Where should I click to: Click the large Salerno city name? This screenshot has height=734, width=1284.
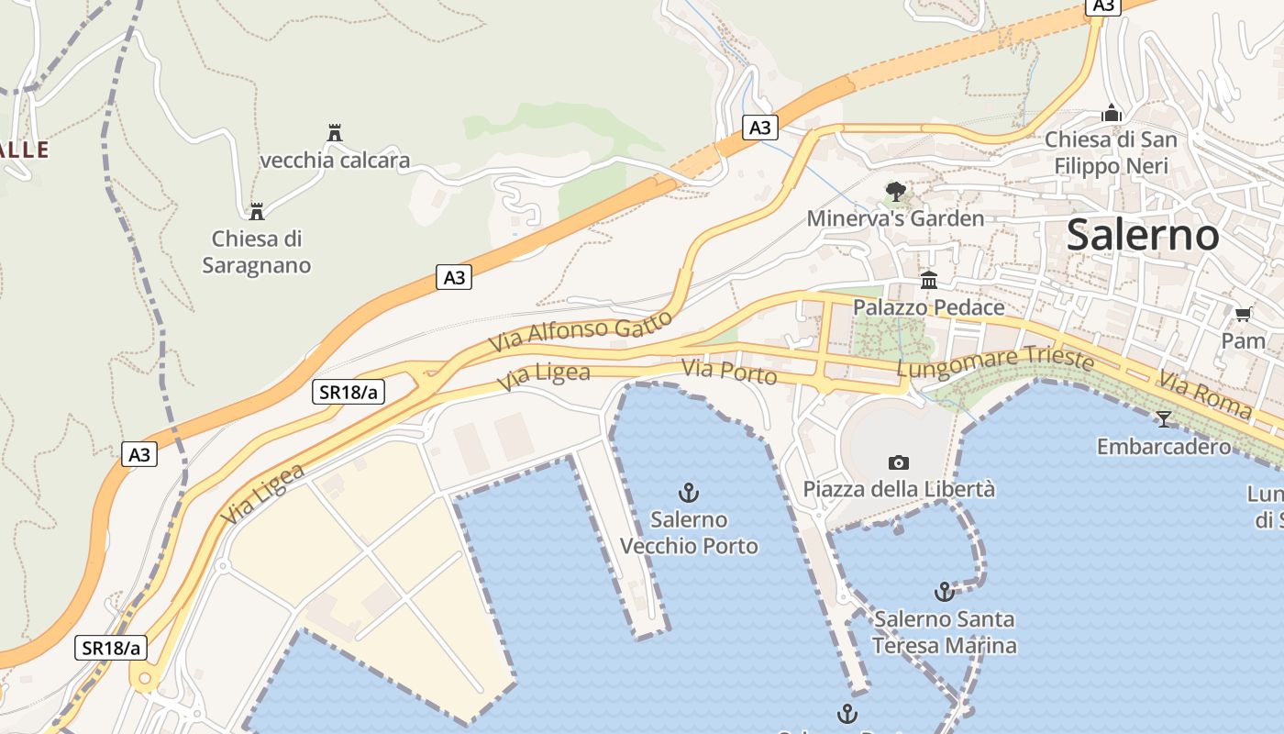pos(1143,236)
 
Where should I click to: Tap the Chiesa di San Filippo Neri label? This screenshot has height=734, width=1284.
pos(1111,152)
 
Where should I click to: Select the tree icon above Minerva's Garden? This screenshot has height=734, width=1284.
pos(895,192)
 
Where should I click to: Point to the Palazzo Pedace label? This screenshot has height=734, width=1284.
pos(928,307)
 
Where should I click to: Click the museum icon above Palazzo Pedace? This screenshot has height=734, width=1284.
pos(929,280)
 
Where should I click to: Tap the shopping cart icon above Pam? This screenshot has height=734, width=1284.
pos(1243,315)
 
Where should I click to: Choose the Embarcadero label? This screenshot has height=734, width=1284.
pos(1164,447)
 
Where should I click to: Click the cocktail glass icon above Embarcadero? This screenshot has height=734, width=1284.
pos(1164,419)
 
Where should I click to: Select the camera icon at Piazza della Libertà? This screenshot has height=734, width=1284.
pos(899,462)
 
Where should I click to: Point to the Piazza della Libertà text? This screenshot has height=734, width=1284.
pos(899,489)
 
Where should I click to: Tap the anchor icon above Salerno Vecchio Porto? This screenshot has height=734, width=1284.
pos(688,493)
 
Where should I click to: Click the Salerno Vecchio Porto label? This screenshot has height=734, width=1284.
pos(689,533)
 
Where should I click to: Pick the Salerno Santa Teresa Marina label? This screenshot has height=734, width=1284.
pos(944,632)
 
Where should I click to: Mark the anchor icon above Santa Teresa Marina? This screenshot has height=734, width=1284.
pos(944,592)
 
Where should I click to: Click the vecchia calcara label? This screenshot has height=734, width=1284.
pos(335,161)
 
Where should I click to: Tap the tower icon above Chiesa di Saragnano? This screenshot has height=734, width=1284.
pos(257,212)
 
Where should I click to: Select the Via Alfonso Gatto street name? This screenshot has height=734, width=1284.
pos(581,331)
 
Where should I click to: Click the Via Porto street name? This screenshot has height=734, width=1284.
pos(729,373)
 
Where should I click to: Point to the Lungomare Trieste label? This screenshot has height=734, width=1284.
pos(995,363)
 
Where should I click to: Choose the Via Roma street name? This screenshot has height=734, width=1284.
pos(1204,395)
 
